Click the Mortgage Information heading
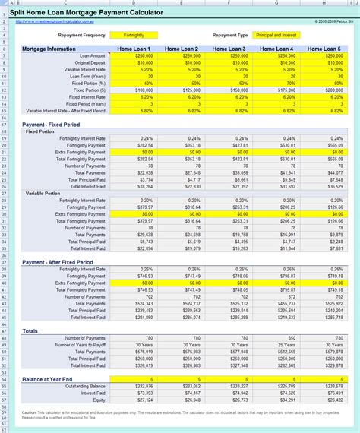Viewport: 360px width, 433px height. [x=50, y=49]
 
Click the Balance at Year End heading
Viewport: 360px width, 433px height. [x=48, y=378]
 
